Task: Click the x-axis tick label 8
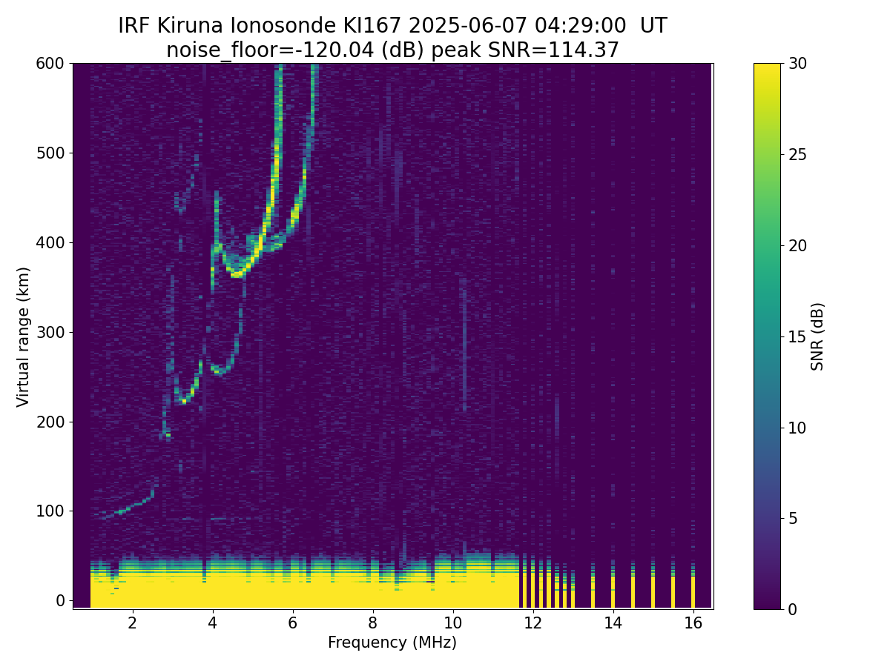point(372,623)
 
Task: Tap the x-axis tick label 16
point(693,623)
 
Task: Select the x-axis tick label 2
point(132,623)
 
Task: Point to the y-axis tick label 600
point(50,64)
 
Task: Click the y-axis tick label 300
point(50,332)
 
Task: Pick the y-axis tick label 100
point(50,511)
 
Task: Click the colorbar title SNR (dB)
point(817,336)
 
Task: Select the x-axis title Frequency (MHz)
point(392,643)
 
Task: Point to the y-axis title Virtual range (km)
point(24,336)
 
